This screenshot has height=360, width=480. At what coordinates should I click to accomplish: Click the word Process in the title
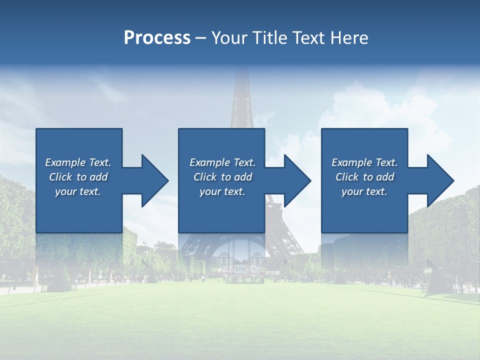[x=157, y=38]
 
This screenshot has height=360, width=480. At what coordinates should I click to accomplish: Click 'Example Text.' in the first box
[x=78, y=162]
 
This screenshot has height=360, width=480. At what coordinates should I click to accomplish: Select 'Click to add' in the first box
[x=78, y=177]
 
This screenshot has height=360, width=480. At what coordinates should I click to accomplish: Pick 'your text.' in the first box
[x=78, y=191]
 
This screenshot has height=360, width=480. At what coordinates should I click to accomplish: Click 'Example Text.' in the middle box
[x=222, y=162]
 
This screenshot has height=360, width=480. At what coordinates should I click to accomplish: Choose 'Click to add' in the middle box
[x=222, y=177]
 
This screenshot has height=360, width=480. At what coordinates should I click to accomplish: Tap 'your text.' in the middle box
[x=222, y=191]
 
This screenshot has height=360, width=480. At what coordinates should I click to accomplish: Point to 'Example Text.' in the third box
[x=364, y=162]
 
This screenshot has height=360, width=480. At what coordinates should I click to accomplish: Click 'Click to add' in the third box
[x=364, y=177]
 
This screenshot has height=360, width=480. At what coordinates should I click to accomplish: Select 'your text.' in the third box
[x=364, y=191]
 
